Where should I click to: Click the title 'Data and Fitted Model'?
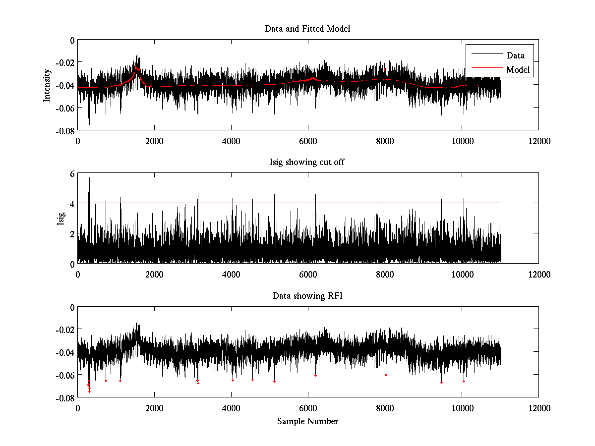tap(307, 29)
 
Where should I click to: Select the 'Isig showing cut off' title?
tap(307, 163)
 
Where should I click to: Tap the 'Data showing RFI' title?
tap(307, 296)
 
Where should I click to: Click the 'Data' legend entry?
tap(516, 56)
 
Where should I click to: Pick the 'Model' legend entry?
tap(518, 70)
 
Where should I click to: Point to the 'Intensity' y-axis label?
tap(47, 85)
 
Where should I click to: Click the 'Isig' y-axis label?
tap(60, 219)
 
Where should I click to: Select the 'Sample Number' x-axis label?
tap(307, 421)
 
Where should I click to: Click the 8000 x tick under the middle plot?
tap(385, 274)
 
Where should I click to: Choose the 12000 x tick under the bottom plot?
tap(538, 408)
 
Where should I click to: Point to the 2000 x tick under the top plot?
tap(154, 141)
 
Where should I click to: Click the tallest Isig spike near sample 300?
tap(89, 178)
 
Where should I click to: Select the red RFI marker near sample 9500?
tap(441, 382)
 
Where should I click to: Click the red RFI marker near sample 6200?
tap(315, 375)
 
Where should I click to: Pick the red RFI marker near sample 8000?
tap(386, 375)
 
